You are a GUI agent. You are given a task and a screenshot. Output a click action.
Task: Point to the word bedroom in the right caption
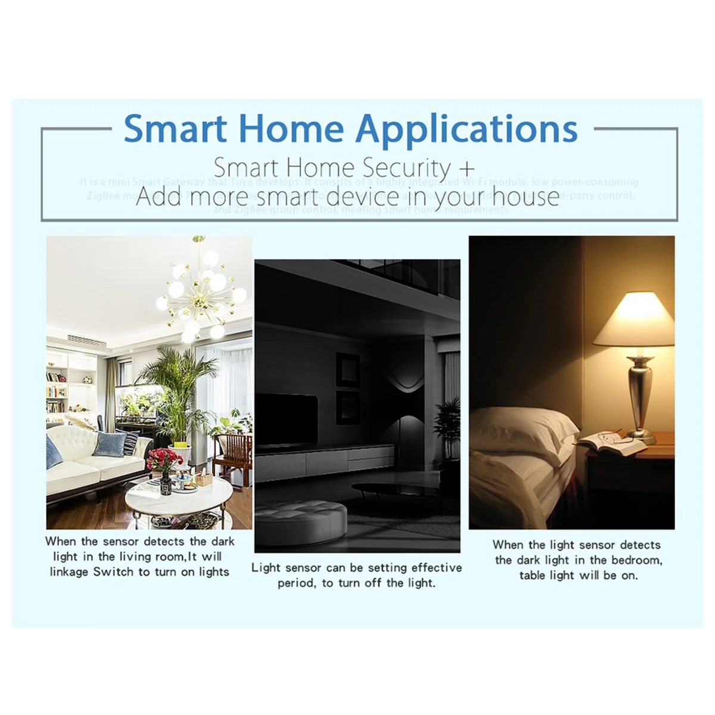635,560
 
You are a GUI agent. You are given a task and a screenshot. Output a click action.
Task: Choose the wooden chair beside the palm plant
232,453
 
